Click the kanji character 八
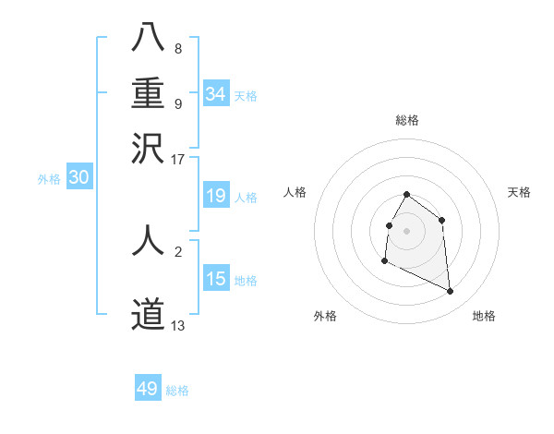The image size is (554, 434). coord(148,39)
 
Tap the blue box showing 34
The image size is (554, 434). coord(215,94)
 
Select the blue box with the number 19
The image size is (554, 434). coord(215,196)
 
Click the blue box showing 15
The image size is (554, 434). coord(215,279)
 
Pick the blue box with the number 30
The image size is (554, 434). coord(78,178)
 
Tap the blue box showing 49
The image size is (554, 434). coord(148,389)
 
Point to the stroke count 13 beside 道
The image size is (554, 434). coord(178,325)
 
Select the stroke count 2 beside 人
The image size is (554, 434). coord(178,250)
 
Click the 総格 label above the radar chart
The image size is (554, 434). coord(407,121)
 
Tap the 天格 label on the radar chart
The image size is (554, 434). coord(519,192)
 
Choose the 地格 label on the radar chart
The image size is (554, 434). coord(484,316)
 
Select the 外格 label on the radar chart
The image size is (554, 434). coord(325,316)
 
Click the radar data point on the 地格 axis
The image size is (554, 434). coord(451,292)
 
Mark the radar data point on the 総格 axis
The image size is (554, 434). coord(407,195)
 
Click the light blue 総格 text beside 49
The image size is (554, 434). coord(177,391)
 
